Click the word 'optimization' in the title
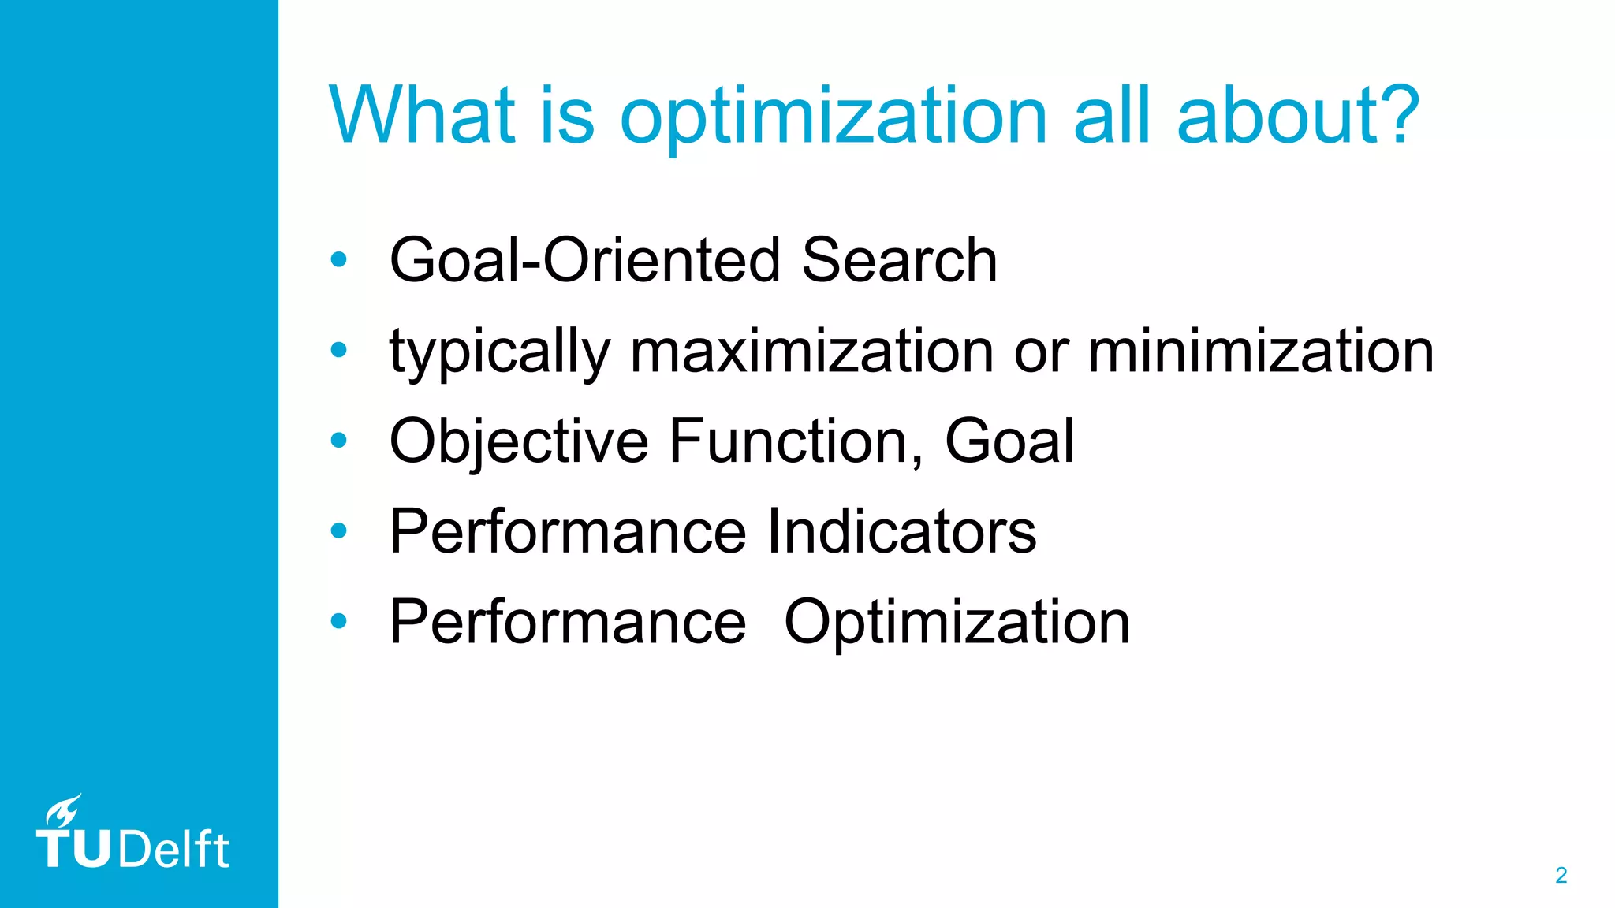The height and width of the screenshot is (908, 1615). (833, 117)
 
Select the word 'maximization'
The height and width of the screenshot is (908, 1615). (811, 352)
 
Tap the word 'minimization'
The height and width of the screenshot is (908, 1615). (1260, 352)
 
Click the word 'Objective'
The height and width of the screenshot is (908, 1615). (518, 441)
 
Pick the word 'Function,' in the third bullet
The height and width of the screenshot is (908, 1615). (796, 441)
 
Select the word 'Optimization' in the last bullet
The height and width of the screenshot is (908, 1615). (957, 623)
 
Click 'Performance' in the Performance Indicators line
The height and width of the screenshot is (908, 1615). (567, 532)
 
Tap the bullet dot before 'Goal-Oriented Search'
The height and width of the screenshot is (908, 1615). (339, 260)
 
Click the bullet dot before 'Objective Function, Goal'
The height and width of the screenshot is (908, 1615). (339, 441)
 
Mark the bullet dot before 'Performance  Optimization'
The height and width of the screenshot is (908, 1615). (339, 621)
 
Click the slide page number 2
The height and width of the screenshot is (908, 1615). (1561, 876)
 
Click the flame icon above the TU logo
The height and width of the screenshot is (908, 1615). (64, 810)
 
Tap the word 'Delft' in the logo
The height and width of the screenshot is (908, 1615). (174, 850)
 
